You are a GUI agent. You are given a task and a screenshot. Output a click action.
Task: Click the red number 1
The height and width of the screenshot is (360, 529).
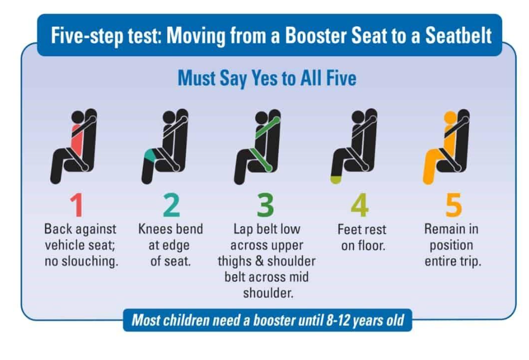[77, 205]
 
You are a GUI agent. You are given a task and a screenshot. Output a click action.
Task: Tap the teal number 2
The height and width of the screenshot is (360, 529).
[172, 205]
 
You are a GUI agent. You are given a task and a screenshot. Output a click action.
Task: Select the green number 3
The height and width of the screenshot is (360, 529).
[265, 205]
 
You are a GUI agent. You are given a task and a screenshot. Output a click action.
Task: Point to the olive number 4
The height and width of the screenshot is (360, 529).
[360, 205]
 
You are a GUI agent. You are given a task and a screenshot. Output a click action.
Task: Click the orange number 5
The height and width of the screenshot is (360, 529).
[453, 205]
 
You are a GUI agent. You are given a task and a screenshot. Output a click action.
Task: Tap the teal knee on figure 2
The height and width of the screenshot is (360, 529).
[150, 155]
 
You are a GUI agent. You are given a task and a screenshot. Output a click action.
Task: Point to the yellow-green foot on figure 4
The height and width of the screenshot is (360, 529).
[336, 179]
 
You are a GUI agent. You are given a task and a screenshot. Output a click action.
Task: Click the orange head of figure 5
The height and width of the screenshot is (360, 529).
[450, 118]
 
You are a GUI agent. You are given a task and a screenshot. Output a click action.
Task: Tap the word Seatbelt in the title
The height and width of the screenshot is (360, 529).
[458, 36]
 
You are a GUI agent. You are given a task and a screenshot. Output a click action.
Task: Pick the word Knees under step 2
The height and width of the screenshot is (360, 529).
[154, 229]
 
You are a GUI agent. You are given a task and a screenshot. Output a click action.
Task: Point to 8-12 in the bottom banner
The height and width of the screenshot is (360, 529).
[337, 320]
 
